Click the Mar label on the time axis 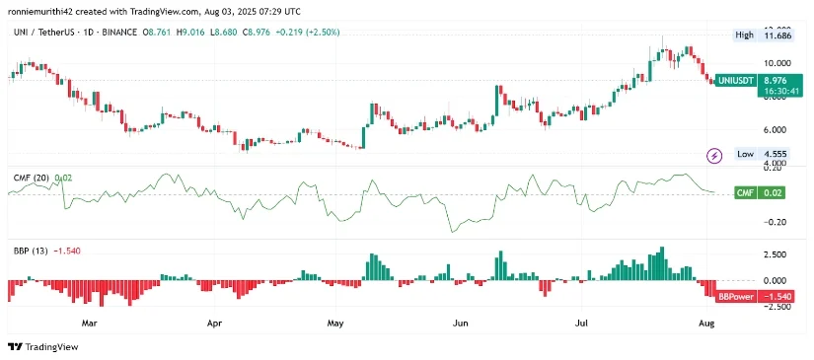click(x=90, y=322)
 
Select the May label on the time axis click(x=335, y=322)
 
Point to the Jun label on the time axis click(x=459, y=322)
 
